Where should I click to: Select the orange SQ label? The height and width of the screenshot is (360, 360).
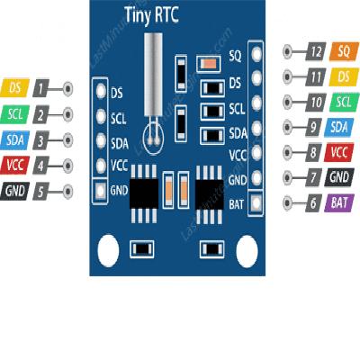click(339, 51)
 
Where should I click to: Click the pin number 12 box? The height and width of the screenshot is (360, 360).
click(315, 51)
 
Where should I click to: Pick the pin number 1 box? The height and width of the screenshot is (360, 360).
click(41, 88)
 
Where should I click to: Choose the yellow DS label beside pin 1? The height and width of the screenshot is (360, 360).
click(15, 88)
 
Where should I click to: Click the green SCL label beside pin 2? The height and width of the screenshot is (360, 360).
click(15, 114)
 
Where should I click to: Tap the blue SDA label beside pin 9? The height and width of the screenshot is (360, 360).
click(339, 127)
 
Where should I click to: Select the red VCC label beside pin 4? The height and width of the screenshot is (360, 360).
click(15, 166)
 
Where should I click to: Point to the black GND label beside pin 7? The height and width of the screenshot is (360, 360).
click(339, 178)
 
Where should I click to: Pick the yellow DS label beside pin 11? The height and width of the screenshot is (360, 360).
click(339, 76)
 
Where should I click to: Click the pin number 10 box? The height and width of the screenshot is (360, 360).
click(315, 102)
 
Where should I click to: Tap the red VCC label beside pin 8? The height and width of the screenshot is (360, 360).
click(339, 152)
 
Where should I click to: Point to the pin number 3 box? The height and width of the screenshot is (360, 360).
click(41, 139)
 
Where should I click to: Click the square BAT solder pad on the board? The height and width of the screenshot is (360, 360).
click(256, 204)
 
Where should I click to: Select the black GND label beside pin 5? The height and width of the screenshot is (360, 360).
click(15, 191)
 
